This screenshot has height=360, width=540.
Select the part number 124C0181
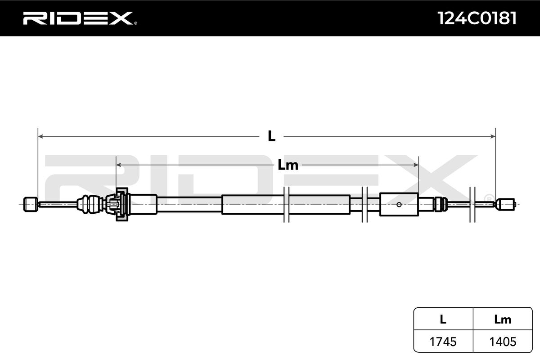pos(477,18)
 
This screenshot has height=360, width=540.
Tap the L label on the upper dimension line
pos(271,136)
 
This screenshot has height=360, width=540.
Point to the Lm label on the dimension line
pos(288,165)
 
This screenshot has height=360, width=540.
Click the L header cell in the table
pos(443,319)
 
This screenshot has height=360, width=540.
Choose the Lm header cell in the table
pos(502,319)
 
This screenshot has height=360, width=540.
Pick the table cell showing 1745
pos(443,342)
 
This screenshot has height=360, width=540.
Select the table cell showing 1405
pos(502,342)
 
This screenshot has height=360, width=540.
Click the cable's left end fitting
pos(30,204)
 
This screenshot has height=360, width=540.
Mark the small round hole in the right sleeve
pos(399,204)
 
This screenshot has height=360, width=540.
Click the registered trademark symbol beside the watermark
pos(488,198)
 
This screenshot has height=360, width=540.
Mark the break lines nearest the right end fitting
pos(472,204)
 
